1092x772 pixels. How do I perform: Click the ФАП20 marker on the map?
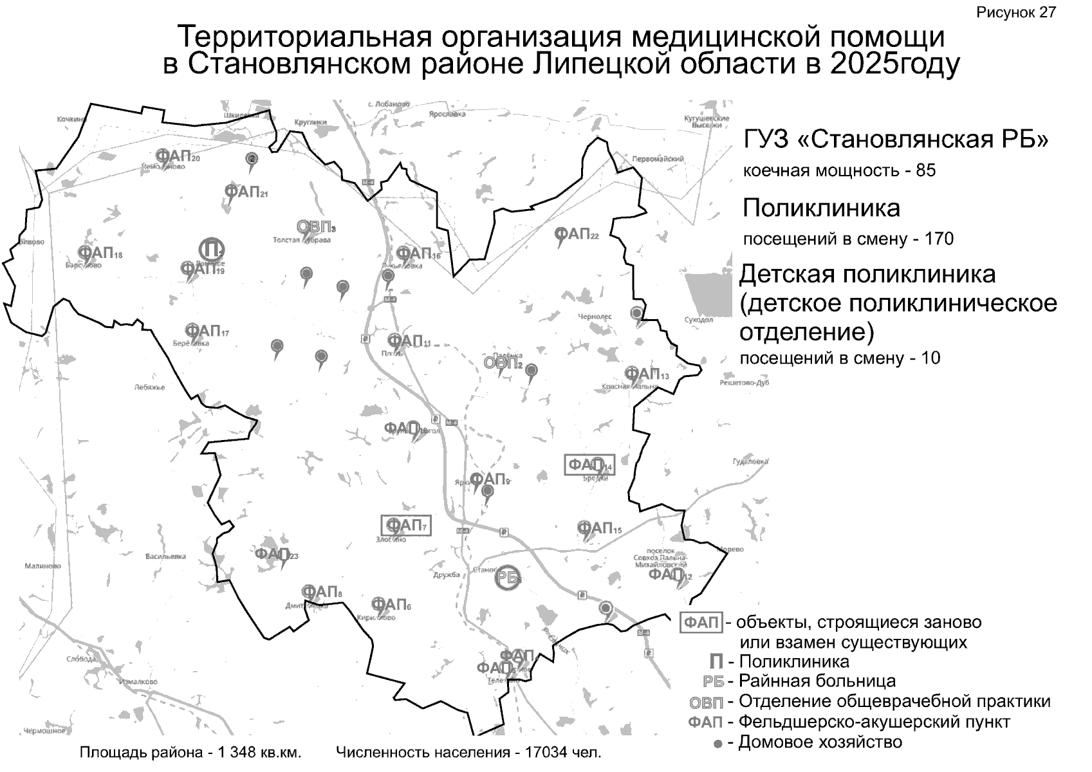pyautogui.click(x=177, y=156)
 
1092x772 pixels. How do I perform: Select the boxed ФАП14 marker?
pyautogui.click(x=589, y=465)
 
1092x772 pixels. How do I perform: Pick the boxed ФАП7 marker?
pyautogui.click(x=405, y=526)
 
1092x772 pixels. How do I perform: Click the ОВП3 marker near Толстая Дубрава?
pyautogui.click(x=315, y=227)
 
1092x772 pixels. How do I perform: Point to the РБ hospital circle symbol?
pyautogui.click(x=508, y=577)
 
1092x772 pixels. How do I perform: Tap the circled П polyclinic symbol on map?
pyautogui.click(x=210, y=249)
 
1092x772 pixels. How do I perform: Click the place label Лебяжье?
pyautogui.click(x=149, y=387)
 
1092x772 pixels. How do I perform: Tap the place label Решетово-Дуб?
pyautogui.click(x=745, y=383)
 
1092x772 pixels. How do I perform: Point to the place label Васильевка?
pyautogui.click(x=165, y=556)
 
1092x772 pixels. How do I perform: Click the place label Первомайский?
pyautogui.click(x=658, y=158)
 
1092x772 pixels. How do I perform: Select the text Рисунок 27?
pyautogui.click(x=1016, y=12)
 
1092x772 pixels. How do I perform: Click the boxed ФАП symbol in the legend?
pyautogui.click(x=701, y=623)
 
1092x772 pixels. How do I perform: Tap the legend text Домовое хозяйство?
pyautogui.click(x=820, y=742)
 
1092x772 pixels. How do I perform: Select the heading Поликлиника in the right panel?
pyautogui.click(x=821, y=208)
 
